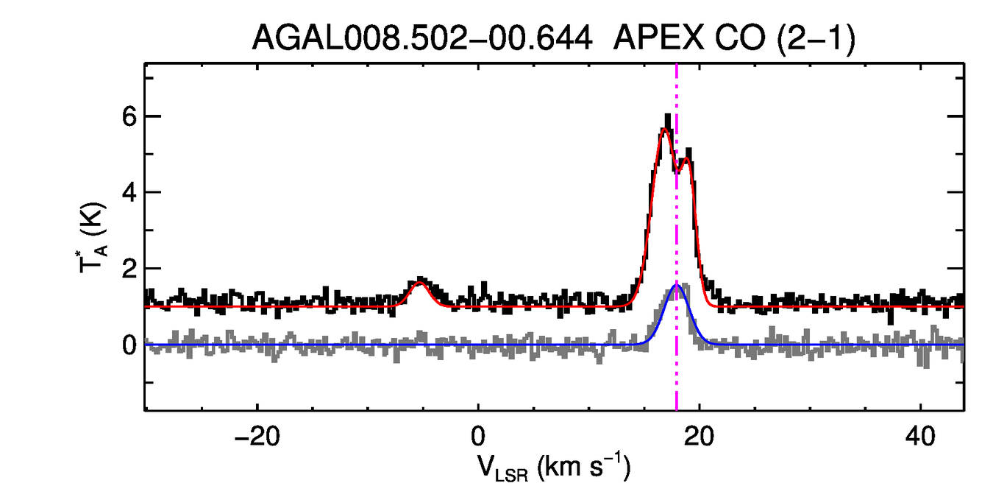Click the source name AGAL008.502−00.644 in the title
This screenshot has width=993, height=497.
[422, 38]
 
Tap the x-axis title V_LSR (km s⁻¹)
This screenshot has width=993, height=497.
[552, 468]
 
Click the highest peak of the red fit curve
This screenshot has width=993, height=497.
[664, 130]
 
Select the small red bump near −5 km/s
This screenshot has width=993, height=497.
[420, 284]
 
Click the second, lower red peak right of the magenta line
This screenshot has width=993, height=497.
[687, 159]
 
